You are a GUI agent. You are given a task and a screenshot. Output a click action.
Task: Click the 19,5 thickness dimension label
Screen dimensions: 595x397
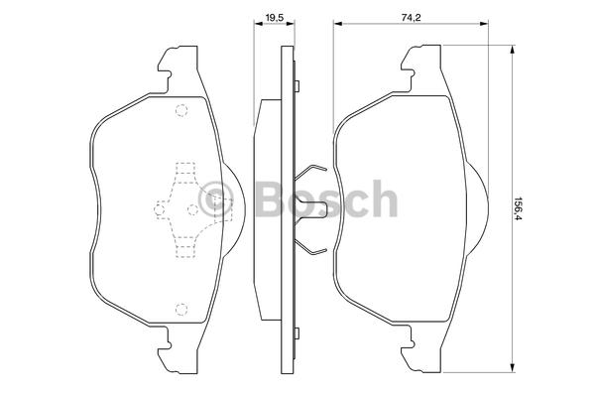point(275,17)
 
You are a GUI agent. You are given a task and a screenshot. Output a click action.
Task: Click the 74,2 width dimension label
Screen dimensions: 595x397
point(412,17)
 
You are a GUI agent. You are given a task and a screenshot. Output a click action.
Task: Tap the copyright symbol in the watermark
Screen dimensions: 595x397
point(215,199)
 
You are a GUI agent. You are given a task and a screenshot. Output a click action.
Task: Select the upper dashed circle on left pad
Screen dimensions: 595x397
point(181,110)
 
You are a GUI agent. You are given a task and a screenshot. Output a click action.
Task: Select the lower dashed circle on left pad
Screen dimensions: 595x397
point(181,310)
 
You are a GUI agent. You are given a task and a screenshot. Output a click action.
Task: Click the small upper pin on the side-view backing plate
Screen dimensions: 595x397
point(297,86)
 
